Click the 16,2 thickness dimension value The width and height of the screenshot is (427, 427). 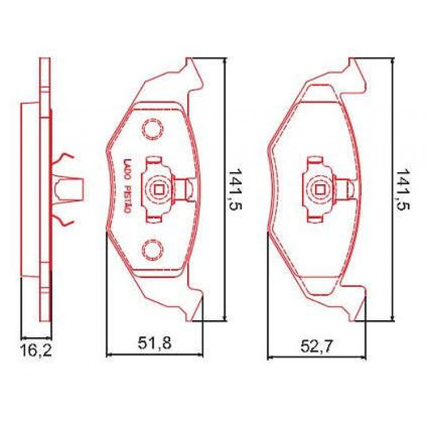coord(36,350)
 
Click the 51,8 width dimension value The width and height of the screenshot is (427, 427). coord(154,344)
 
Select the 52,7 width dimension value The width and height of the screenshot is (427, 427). coord(316,347)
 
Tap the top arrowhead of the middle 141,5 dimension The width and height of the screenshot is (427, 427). coord(225,61)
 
